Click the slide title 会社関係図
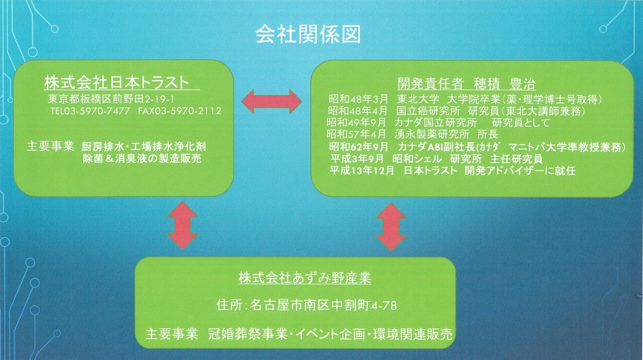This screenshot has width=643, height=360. point(308,35)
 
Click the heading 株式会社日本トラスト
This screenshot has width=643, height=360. point(117,83)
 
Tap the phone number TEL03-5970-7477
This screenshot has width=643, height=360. point(90,111)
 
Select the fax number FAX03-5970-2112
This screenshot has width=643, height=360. point(180,111)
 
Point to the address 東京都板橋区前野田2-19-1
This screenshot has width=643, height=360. point(111,99)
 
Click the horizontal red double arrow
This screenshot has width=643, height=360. point(272,102)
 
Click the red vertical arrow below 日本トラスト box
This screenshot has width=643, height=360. point(183,225)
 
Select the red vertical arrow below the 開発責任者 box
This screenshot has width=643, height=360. point(391,227)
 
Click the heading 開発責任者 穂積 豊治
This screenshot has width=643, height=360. point(467,84)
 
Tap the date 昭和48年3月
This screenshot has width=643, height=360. point(358,99)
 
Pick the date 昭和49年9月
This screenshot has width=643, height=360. point(356,123)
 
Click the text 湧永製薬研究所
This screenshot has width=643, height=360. point(432,134)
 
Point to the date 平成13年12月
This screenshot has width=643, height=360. point(362,170)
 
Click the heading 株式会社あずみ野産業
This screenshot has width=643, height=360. point(305,278)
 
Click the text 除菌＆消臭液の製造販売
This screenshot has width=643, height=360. point(142,158)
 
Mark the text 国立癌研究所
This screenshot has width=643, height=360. point(428,111)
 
